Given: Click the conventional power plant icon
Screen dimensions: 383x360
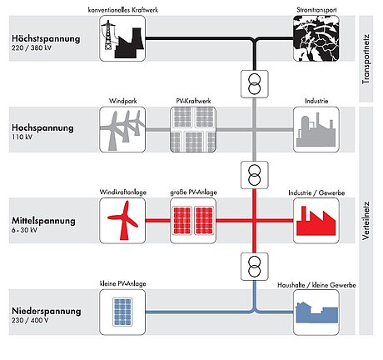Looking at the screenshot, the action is point(122,38).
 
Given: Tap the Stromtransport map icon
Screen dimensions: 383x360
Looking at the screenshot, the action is point(316,38).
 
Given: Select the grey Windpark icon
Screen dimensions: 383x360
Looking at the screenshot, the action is point(122,129).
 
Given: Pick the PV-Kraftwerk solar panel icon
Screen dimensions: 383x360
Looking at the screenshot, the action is point(193,129).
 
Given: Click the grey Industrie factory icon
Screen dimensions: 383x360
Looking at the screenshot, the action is point(316,129).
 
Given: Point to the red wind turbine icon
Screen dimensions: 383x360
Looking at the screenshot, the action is point(122,221).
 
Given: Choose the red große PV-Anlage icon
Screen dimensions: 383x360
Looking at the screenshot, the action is point(193,221).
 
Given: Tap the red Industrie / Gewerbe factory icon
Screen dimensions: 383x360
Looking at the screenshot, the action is point(316,221).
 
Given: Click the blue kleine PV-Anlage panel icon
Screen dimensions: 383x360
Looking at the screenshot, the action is point(122,312).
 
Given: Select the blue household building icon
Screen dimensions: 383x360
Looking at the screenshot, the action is point(316,312).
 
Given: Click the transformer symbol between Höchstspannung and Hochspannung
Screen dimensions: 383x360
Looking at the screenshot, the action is point(255,84).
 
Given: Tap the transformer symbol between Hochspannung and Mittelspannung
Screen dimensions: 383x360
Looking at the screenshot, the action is point(255,175).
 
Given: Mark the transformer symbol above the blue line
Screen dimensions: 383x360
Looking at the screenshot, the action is point(255,267).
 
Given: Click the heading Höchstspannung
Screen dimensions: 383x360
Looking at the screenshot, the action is point(46,38).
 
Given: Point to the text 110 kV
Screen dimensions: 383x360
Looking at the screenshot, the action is point(22,137).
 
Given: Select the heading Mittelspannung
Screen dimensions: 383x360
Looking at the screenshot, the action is point(43,221).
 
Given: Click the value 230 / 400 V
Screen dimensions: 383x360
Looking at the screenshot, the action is point(30,320).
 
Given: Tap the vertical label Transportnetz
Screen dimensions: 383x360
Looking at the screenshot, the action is point(366,59).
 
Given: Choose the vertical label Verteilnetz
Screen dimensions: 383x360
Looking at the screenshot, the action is point(366,221).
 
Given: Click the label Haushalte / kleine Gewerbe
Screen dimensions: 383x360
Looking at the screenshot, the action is point(316,285).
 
